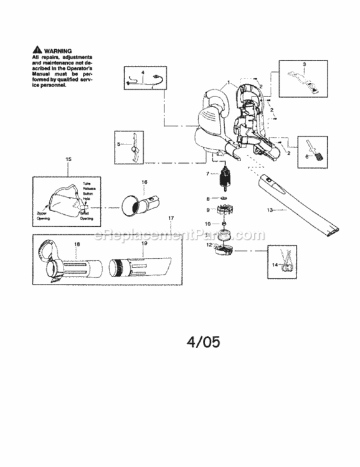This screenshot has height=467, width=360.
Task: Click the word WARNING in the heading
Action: [x=58, y=50]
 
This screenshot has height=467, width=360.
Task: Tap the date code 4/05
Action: [x=203, y=341]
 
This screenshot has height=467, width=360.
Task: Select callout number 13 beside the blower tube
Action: [x=270, y=209]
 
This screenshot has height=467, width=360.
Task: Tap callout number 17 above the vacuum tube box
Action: [x=170, y=217]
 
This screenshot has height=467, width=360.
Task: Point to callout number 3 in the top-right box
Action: [x=305, y=65]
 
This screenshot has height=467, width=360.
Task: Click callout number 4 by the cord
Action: [x=143, y=73]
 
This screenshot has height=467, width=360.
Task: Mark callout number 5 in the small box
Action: [x=118, y=144]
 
